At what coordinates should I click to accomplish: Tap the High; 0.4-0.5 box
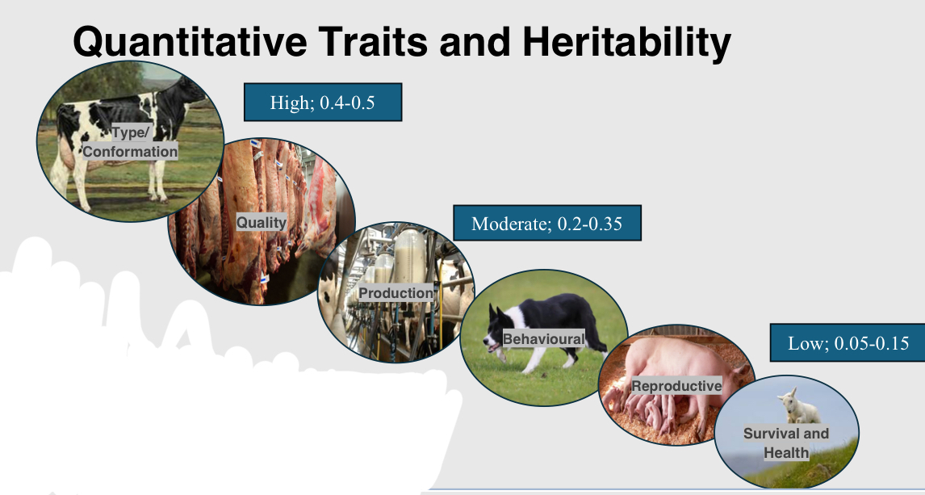tap(323, 103)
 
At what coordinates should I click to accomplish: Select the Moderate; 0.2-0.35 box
tap(546, 223)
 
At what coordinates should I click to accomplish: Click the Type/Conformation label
tap(130, 142)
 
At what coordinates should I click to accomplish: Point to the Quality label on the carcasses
tap(261, 222)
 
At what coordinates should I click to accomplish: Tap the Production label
tap(396, 292)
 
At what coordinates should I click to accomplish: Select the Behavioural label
tap(543, 338)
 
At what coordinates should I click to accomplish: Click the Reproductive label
tap(676, 386)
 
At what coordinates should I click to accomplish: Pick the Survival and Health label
tap(785, 443)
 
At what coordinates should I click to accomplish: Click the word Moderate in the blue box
tap(511, 223)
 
